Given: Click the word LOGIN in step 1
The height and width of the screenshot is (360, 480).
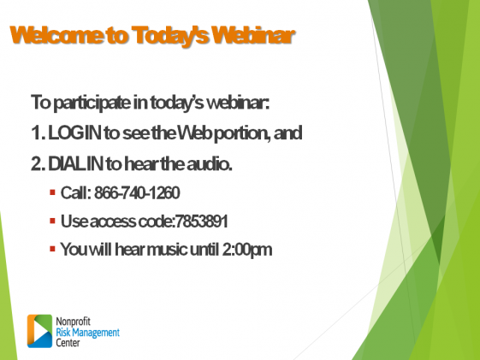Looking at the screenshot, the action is [74, 133].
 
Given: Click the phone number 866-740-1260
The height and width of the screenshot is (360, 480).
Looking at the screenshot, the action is [137, 192].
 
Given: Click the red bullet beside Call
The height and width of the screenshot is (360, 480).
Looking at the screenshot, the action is [52, 192].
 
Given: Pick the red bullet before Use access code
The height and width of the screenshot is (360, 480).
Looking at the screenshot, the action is [52, 221].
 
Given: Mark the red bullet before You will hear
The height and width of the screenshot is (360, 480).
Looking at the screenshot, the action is [52, 249].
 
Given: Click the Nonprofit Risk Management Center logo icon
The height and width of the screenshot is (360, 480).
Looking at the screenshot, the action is [40, 331].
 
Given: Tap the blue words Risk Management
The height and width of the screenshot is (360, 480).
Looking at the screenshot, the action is [87, 333].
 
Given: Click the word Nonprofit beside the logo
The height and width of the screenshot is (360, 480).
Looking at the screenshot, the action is [74, 322].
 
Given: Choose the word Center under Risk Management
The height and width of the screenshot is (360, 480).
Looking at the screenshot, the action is [68, 343].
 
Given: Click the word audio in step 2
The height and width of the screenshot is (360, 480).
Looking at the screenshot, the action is [210, 164].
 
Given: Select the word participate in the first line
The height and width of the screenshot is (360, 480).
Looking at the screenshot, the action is [92, 103].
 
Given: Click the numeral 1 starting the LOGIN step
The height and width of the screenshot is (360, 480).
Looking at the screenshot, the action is [36, 133].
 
